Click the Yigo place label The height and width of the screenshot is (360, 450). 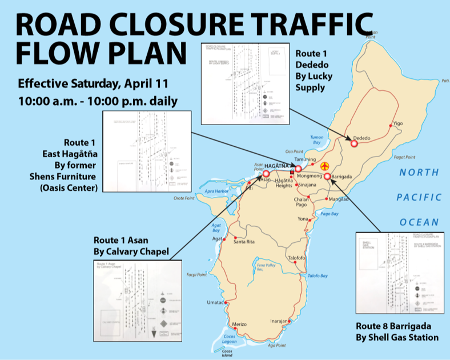(x=398, y=123)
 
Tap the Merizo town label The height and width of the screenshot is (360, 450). (x=238, y=324)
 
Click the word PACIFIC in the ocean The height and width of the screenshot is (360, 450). (x=419, y=197)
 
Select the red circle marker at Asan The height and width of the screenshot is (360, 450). (x=266, y=173)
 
